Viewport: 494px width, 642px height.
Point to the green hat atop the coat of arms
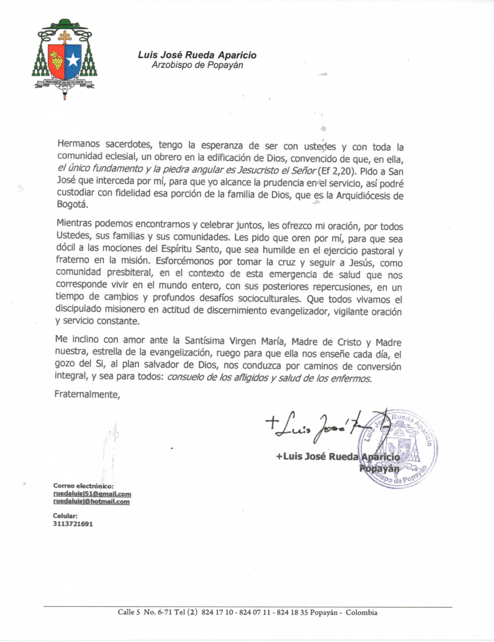[65, 24]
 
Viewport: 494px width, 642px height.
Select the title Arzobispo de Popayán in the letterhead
[197, 65]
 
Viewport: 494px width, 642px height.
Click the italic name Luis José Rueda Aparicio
[197, 55]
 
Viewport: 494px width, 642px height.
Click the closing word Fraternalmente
[87, 394]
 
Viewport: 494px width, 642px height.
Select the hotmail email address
[91, 501]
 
